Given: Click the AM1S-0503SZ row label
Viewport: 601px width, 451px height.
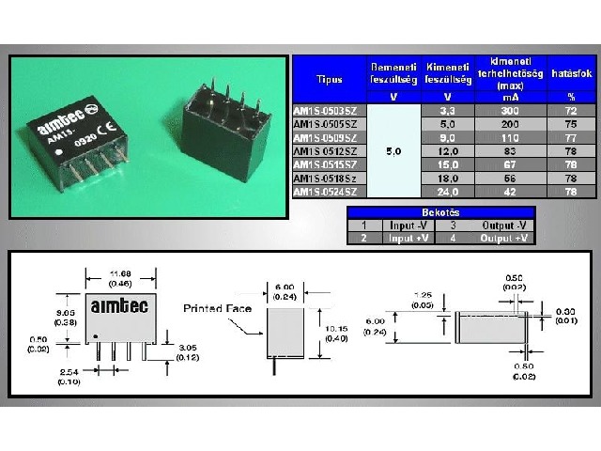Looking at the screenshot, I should (x=325, y=111).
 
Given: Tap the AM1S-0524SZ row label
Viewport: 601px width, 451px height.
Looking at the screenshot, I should (x=325, y=192).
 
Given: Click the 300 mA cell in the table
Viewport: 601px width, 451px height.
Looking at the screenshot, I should (x=511, y=111).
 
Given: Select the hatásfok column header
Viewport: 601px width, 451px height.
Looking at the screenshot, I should (x=570, y=72).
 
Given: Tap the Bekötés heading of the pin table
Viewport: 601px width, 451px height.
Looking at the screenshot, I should (x=440, y=212).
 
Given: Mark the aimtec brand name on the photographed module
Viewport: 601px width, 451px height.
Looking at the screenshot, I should (x=60, y=120).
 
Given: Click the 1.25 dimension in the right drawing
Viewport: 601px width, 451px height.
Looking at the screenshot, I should (x=424, y=295).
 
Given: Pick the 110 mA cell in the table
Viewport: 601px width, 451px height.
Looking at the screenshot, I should (x=511, y=137).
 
